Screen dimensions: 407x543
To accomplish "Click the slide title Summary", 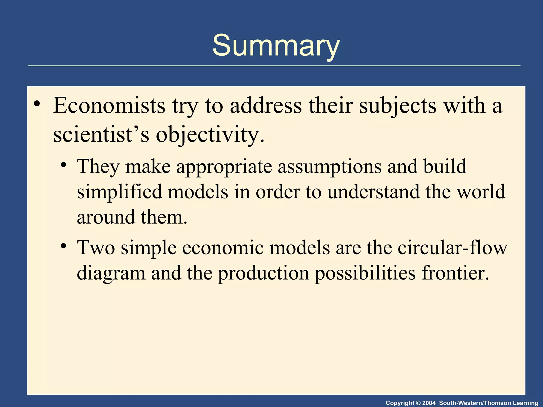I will click(276, 46).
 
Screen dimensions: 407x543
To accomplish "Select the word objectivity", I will click(209, 135).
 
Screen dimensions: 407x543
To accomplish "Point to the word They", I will click(98, 166).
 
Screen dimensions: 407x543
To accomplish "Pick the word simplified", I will click(119, 192).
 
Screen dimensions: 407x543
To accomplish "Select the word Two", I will click(96, 247).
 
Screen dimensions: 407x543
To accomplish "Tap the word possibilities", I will click(365, 273).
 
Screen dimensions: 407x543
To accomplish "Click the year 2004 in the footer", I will click(429, 403).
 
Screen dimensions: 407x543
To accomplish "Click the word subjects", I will click(398, 105).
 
